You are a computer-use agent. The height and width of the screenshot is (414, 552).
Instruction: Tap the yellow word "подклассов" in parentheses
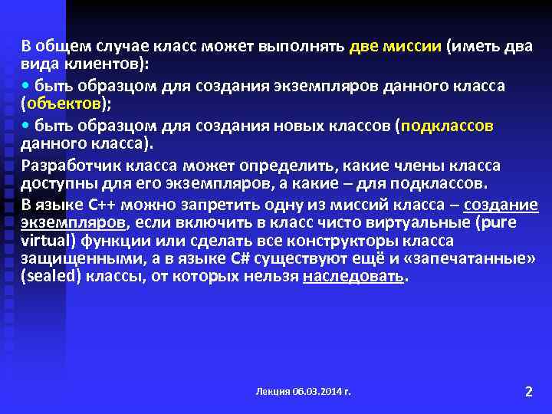coord(446,125)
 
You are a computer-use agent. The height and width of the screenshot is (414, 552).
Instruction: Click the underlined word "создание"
coord(501,205)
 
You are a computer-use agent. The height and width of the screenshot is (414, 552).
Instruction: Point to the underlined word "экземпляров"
coord(73,222)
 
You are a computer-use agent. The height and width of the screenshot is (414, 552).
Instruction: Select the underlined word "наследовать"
coord(353,276)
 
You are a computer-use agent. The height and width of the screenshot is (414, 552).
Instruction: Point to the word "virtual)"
coord(47,241)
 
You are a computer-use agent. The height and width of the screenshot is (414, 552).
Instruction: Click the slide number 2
coord(527,392)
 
